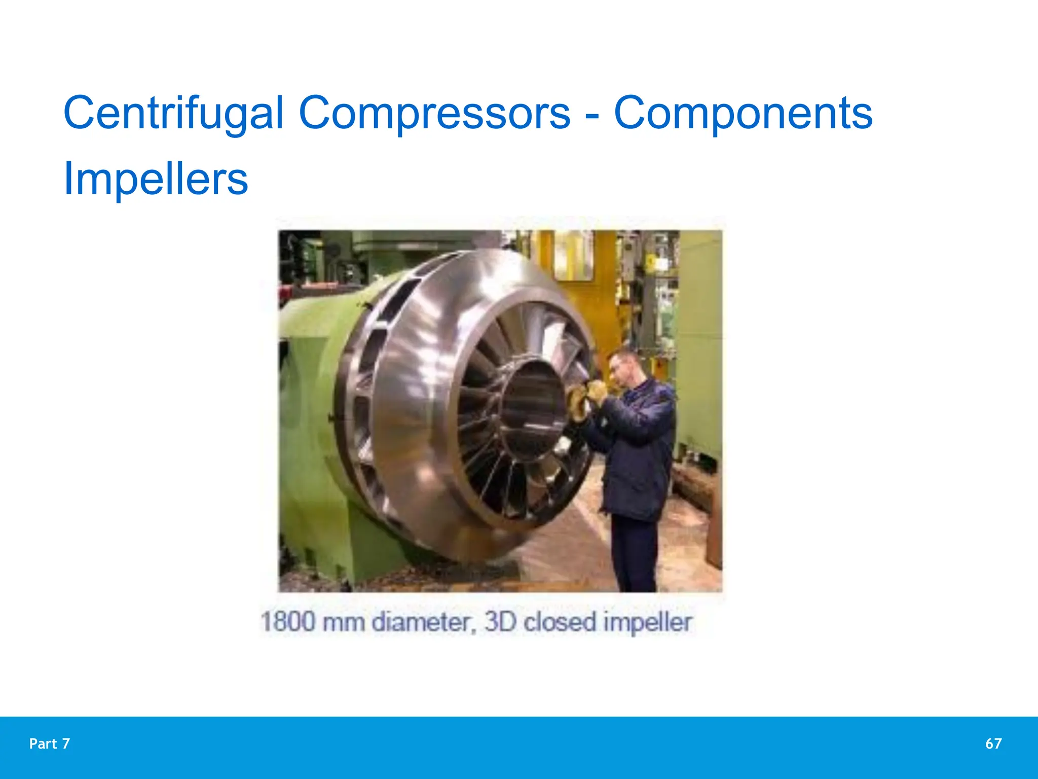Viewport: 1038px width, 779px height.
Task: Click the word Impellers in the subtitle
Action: (156, 179)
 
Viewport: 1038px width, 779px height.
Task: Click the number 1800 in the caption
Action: (287, 622)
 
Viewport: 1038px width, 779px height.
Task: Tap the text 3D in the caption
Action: (500, 622)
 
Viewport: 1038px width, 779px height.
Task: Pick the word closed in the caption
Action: (560, 622)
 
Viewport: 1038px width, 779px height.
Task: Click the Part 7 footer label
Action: (50, 743)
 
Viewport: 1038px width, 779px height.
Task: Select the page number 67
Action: (993, 743)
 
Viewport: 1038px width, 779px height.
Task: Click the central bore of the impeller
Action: (532, 406)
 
